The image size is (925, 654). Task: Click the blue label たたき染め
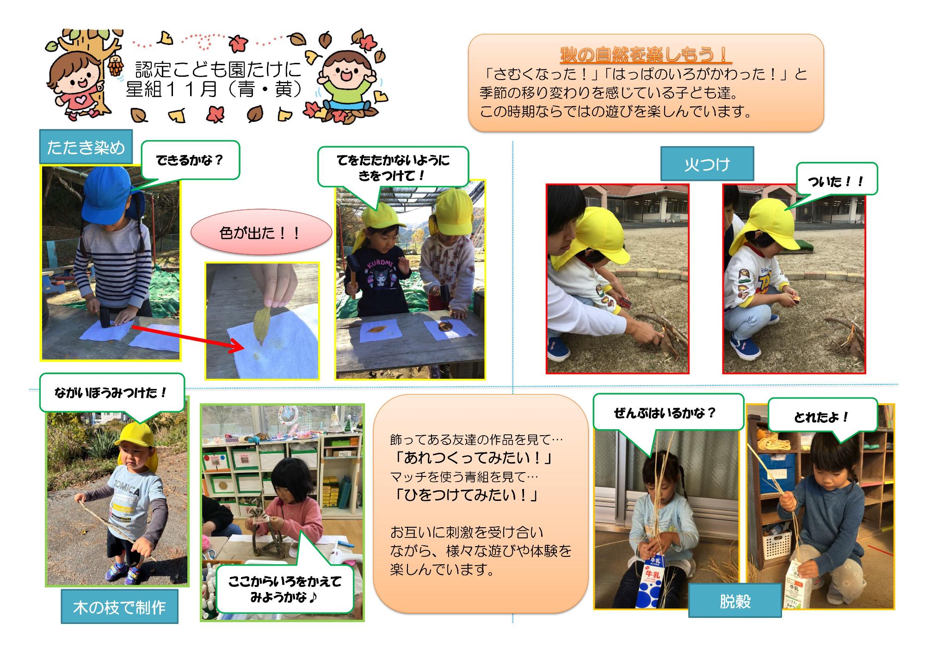(x=86, y=147)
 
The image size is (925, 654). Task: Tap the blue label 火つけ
(x=707, y=164)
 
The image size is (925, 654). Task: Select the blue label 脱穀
(x=735, y=600)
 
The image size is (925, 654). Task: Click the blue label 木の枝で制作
(x=119, y=607)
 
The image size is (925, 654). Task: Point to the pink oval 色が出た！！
(x=261, y=232)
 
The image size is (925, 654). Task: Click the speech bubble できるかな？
(x=190, y=160)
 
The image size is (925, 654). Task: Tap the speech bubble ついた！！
(x=836, y=180)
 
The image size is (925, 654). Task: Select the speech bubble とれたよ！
(x=822, y=417)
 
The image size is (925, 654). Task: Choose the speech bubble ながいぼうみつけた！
(x=112, y=393)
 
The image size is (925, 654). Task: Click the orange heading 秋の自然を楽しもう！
(x=646, y=55)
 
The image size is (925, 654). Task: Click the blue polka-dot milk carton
(x=651, y=582)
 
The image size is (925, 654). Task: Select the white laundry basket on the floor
(x=778, y=545)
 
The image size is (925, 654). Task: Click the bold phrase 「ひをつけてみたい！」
(x=466, y=495)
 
